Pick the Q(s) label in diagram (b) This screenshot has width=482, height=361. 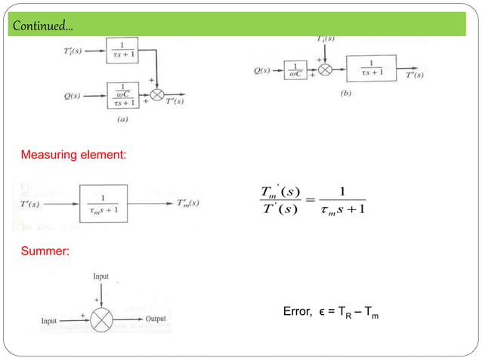pos(265,73)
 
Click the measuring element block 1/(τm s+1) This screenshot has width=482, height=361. pos(106,202)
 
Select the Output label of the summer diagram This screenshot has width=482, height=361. pos(156,319)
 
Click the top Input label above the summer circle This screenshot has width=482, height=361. pos(100,277)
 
